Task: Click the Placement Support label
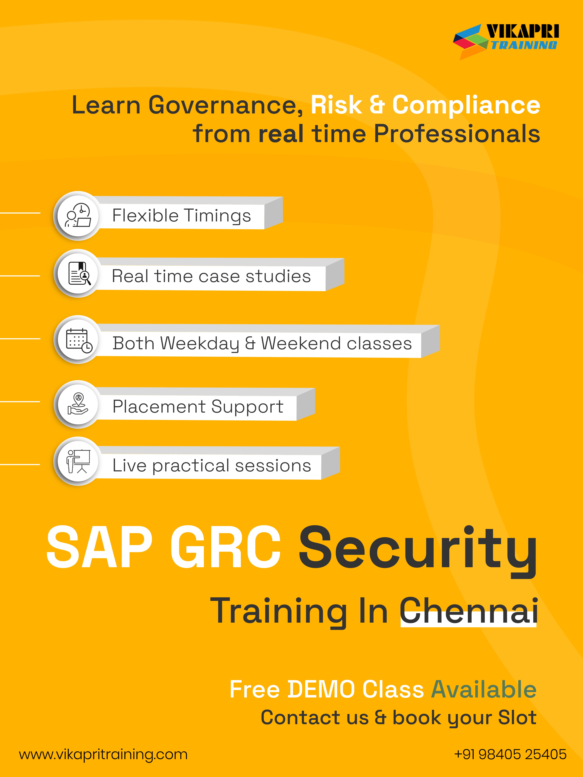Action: click(x=198, y=407)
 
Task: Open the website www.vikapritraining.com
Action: click(x=103, y=754)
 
